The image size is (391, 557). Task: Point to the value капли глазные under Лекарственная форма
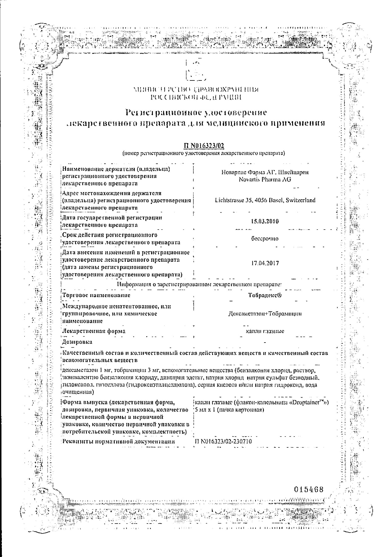(x=265, y=331)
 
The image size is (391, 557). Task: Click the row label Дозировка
(x=77, y=342)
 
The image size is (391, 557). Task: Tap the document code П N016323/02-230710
(x=223, y=442)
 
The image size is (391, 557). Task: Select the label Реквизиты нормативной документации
(x=118, y=442)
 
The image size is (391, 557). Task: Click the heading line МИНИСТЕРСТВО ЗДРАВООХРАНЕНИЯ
(x=196, y=90)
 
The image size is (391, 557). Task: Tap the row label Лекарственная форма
(x=94, y=331)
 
